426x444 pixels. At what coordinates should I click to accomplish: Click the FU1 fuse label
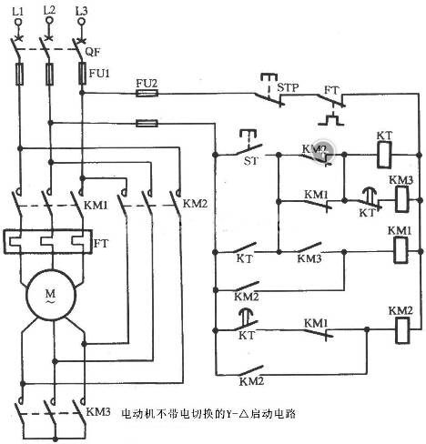click(100, 73)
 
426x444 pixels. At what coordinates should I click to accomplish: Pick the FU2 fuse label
click(146, 81)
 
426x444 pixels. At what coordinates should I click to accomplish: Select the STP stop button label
click(288, 88)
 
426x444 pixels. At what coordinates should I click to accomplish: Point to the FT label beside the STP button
click(332, 92)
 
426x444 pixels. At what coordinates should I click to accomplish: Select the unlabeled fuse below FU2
click(146, 122)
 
